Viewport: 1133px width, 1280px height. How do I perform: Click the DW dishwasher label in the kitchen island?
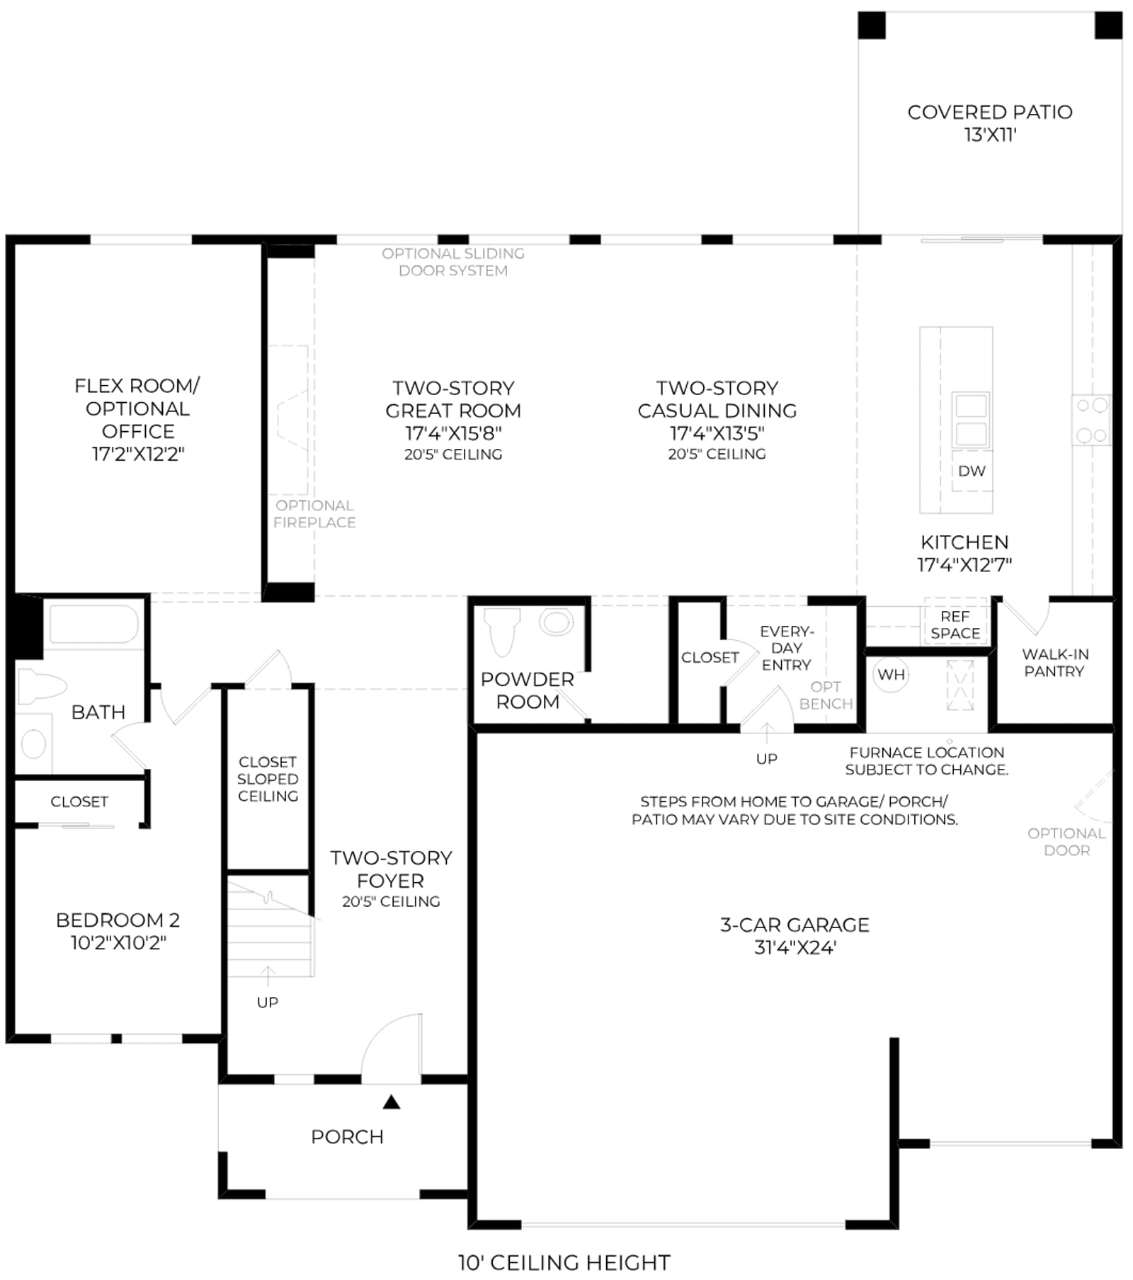972,471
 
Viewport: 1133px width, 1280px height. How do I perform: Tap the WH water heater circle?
891,675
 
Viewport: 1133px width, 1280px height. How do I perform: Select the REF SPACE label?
955,624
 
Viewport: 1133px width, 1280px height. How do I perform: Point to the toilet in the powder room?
501,632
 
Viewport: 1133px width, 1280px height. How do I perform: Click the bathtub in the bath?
93,624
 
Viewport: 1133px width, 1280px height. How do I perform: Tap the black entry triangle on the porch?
392,1102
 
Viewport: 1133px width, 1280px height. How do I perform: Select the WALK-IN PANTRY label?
1055,663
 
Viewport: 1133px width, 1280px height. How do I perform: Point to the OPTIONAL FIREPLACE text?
314,513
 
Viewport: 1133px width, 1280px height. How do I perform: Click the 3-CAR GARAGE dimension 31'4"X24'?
795,947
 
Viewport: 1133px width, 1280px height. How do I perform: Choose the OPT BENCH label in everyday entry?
826,695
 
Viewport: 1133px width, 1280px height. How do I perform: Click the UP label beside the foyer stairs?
268,1002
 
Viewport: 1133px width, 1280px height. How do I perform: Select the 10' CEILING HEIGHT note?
564,1262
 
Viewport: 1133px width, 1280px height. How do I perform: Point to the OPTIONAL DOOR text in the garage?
1066,841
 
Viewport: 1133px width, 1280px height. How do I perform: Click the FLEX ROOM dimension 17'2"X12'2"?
138,454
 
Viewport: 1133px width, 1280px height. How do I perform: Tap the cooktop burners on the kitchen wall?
1091,421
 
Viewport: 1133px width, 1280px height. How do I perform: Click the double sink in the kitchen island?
971,420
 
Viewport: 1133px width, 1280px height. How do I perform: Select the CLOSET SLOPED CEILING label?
268,779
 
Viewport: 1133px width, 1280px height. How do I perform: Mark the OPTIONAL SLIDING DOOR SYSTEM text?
453,262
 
